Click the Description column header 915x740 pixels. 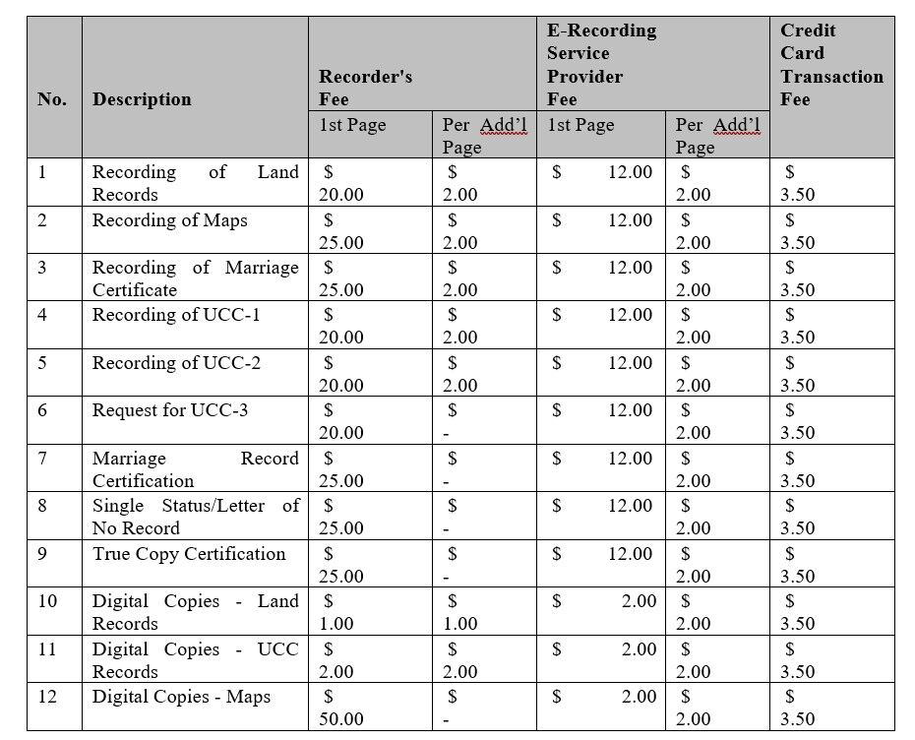142,99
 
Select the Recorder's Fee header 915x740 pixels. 365,88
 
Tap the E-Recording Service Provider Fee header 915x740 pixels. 601,65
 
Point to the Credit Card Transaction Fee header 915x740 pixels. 831,65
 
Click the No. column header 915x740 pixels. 52,99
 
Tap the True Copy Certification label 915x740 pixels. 189,553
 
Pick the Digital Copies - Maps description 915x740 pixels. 181,697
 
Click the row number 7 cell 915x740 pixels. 42,459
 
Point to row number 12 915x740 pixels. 47,697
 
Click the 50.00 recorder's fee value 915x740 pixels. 340,719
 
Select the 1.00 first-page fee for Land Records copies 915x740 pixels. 335,624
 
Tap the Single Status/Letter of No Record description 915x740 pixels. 195,517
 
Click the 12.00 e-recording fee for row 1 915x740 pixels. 629,172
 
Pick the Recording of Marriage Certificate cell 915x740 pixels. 195,278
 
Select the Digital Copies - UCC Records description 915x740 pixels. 195,660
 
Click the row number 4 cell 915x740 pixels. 42,315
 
